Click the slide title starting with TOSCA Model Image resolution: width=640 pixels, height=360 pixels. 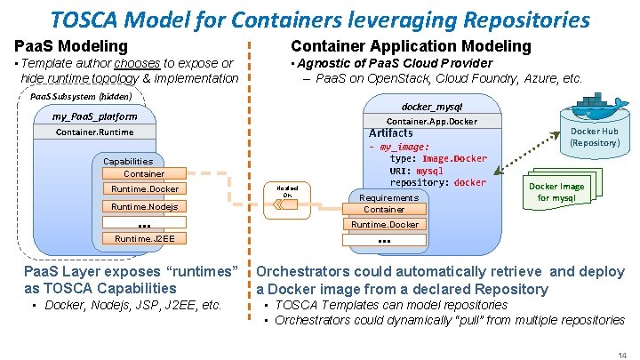pos(320,19)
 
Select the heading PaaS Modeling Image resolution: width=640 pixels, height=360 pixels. pos(71,45)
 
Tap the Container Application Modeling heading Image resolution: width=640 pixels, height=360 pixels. pos(411,45)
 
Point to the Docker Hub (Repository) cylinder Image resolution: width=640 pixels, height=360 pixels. pos(595,136)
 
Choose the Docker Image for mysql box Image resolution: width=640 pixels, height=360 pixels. pos(556,192)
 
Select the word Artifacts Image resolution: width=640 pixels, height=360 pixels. pos(390,133)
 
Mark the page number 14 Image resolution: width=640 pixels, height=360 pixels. pos(621,354)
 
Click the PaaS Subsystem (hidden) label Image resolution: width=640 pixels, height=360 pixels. pos(81,96)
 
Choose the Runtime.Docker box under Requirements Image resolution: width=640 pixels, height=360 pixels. pos(384,225)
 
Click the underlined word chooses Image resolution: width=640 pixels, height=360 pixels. pos(137,63)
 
